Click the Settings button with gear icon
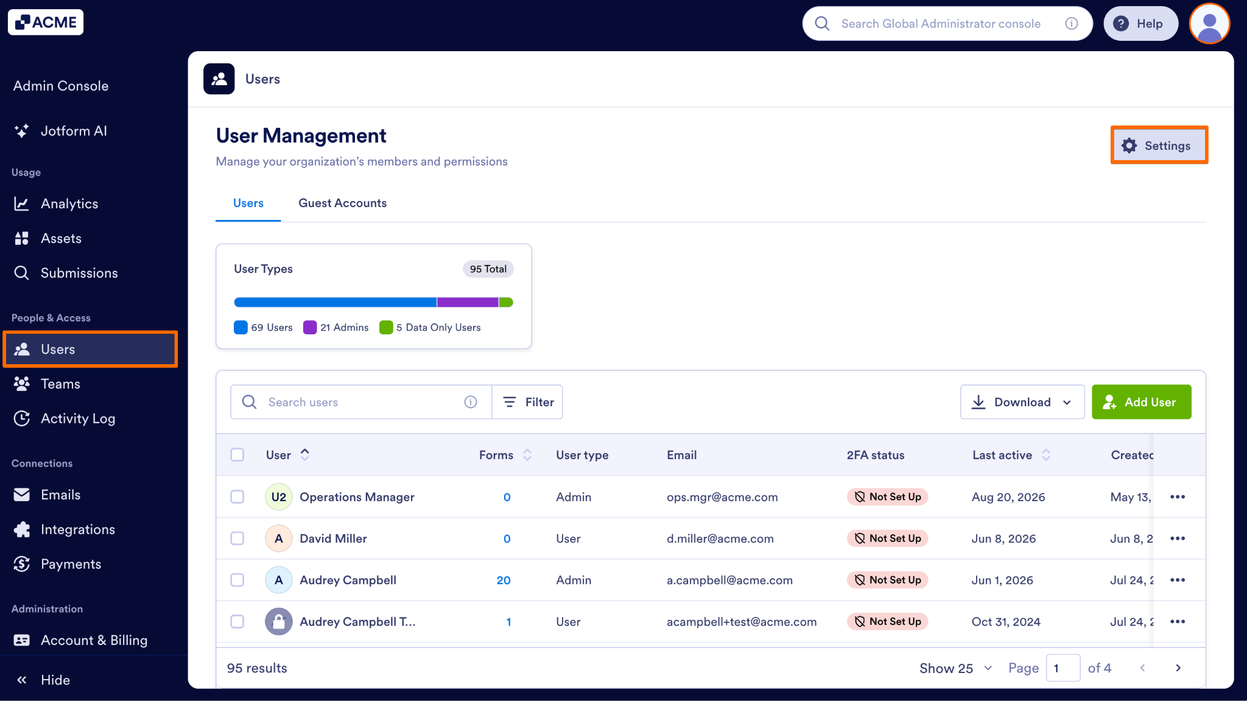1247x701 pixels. click(1159, 146)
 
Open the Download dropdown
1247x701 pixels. click(1022, 402)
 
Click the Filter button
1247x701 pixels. click(527, 402)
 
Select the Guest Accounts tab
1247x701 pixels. click(342, 203)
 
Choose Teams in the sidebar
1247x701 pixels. click(60, 384)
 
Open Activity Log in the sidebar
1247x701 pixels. click(77, 418)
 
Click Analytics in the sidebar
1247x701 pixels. click(69, 203)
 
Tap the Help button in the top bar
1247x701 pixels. click(1140, 24)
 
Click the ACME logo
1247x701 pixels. click(46, 23)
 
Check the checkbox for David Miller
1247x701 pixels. click(237, 538)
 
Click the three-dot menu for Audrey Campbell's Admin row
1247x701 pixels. click(1178, 580)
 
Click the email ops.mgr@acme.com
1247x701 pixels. click(722, 497)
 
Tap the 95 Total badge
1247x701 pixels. click(488, 269)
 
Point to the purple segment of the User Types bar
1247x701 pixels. click(468, 302)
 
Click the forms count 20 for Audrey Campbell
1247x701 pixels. click(504, 580)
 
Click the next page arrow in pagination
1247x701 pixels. click(1178, 668)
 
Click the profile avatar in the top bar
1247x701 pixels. click(1210, 24)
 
